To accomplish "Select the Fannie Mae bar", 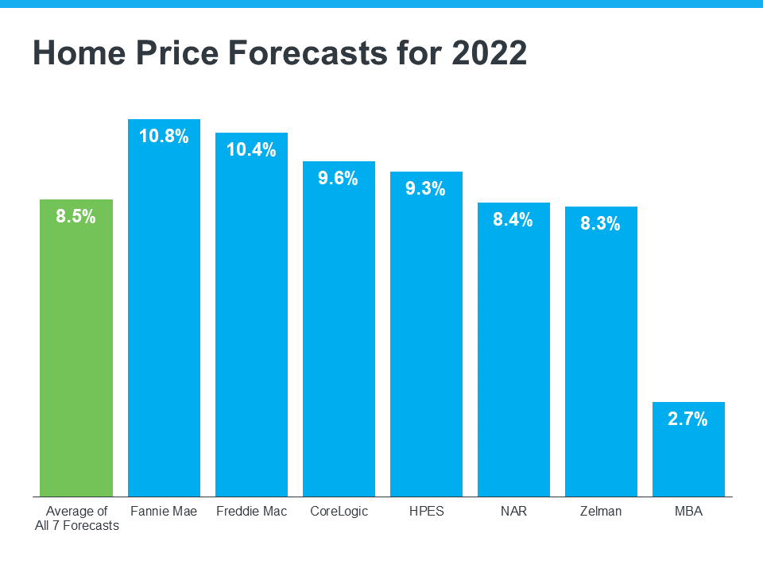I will coord(164,318).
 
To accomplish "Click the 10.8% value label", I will coord(164,136).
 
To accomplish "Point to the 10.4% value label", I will coord(251,149).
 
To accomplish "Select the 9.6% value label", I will coord(339,178).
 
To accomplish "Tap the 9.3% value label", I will coord(426,189).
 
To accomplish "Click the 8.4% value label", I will coord(513,220).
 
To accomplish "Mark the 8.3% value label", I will coord(601,224).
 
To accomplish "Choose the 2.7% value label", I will coord(688,419).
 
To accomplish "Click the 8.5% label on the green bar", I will coord(76,216).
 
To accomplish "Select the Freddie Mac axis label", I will coord(251,511).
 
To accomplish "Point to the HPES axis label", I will coord(426,511).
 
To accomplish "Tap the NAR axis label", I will coord(513,511).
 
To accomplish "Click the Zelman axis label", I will coord(601,511).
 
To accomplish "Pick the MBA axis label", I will coord(688,511).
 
